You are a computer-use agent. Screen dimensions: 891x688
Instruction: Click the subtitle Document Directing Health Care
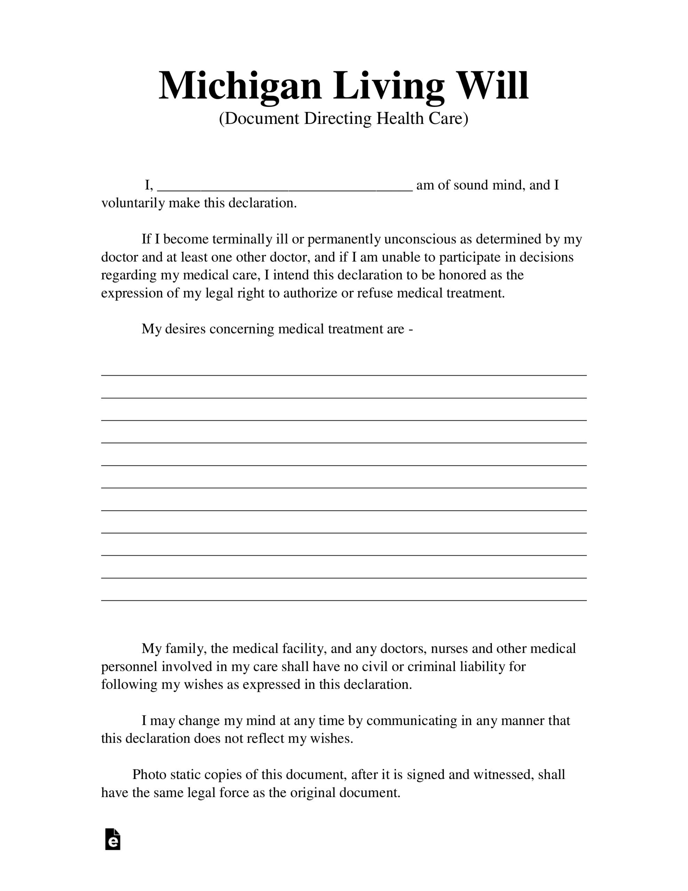click(343, 118)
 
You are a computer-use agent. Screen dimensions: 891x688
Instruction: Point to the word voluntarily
click(133, 203)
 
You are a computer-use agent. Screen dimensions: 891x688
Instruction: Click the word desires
click(185, 329)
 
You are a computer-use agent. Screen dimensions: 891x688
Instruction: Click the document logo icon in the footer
click(113, 839)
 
